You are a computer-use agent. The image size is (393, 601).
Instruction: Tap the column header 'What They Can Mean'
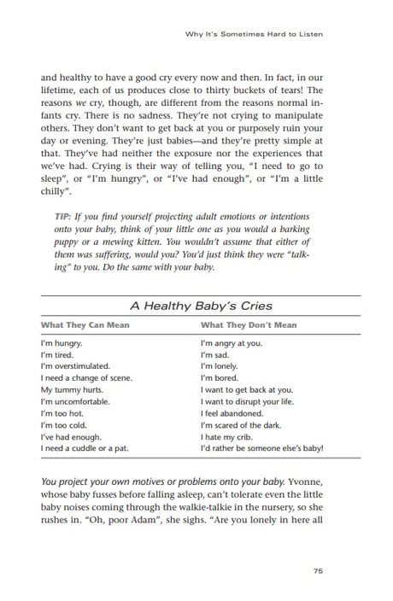tap(83, 325)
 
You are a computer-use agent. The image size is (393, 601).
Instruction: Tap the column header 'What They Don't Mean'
tap(249, 325)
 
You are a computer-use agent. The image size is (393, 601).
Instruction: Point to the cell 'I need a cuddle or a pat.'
tap(85, 447)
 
